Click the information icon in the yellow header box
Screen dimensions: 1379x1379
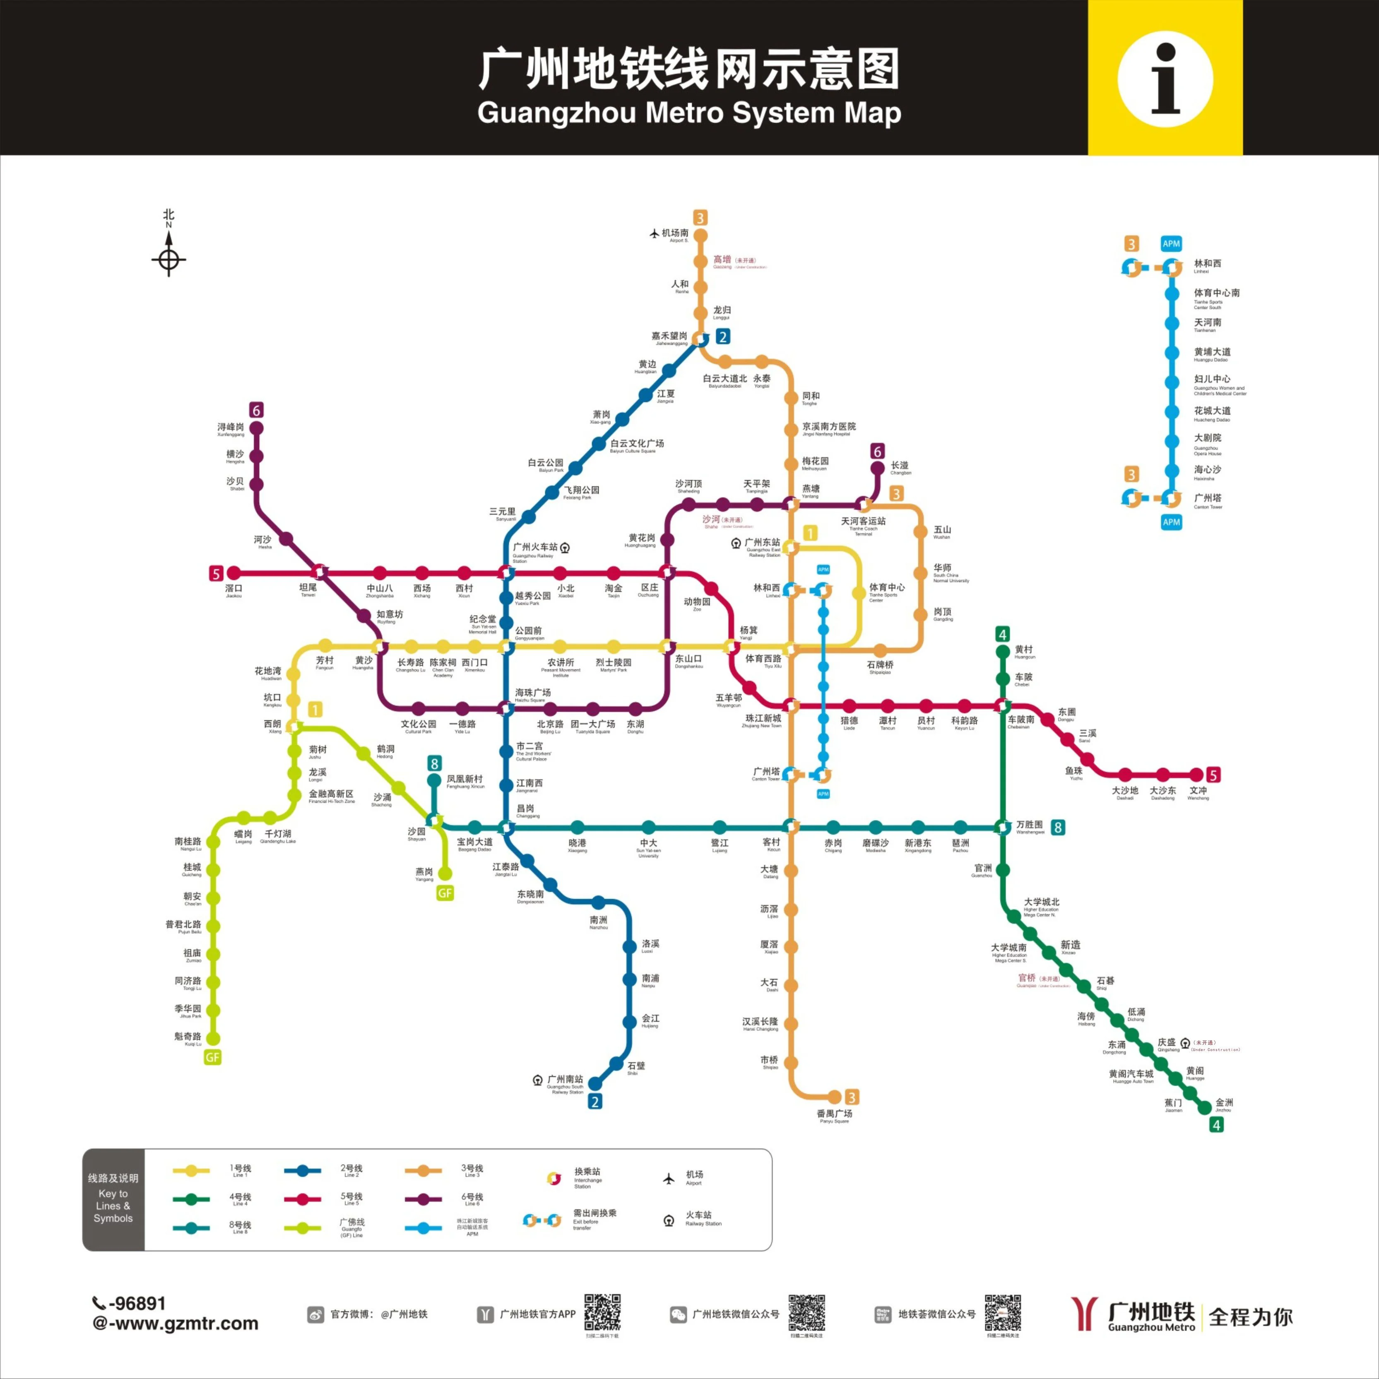click(x=1165, y=79)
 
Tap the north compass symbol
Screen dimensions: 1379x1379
click(x=168, y=258)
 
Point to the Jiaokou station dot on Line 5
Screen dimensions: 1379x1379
click(x=233, y=573)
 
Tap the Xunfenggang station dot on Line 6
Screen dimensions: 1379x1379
click(x=256, y=428)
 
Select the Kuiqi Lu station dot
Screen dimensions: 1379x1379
click(x=213, y=1039)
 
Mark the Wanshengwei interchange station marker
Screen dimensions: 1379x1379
click(x=1003, y=827)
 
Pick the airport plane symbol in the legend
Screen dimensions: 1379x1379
click(x=669, y=1179)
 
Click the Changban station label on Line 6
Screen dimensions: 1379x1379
click(x=899, y=467)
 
